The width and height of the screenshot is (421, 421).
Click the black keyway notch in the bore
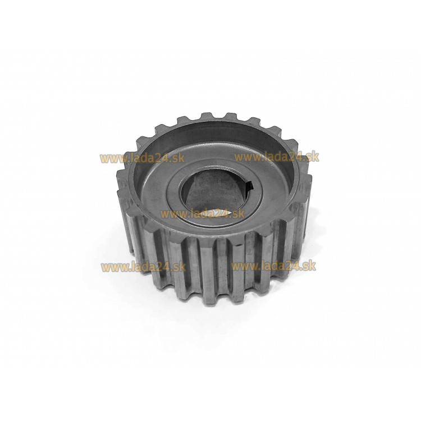click(x=250, y=186)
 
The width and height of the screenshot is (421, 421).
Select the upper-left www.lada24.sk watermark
click(x=143, y=158)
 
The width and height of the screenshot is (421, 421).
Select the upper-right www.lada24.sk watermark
click(x=277, y=157)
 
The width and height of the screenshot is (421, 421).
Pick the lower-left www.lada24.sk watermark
click(x=144, y=267)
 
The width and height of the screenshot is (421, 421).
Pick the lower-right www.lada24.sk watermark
click(x=273, y=266)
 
